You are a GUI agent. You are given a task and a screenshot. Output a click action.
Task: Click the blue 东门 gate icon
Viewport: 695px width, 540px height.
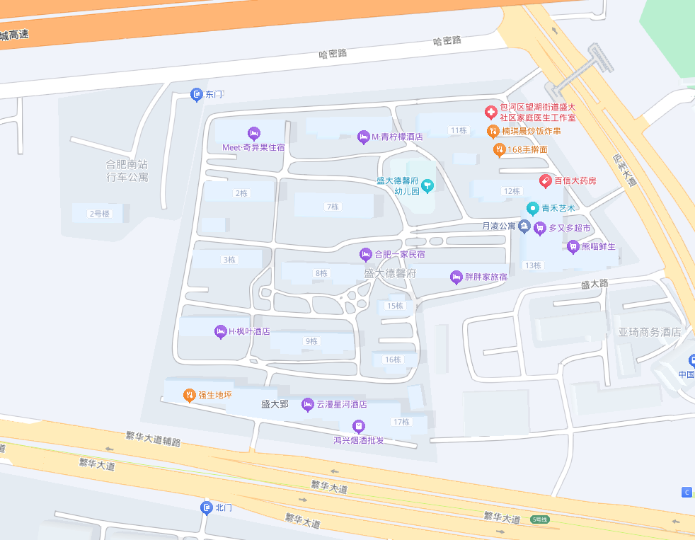coord(197,95)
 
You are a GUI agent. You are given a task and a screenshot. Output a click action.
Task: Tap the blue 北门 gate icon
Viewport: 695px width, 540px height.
coord(207,507)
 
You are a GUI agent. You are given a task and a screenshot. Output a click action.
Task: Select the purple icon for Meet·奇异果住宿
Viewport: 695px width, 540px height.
coord(254,133)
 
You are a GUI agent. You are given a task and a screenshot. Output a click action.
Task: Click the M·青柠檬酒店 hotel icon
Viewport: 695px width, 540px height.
coord(364,137)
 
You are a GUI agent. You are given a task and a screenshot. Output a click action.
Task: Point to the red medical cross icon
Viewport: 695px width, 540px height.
coord(490,112)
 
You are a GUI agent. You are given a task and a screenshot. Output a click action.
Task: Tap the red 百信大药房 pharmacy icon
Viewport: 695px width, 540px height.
coord(546,180)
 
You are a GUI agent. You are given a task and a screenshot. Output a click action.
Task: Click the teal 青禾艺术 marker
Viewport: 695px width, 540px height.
coord(533,208)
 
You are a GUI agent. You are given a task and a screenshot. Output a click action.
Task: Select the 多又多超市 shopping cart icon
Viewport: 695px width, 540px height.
coord(541,228)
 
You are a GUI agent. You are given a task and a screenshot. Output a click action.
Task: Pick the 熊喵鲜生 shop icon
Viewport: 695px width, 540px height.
coord(573,246)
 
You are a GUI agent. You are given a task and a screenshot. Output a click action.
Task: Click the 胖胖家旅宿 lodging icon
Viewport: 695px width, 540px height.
coord(456,277)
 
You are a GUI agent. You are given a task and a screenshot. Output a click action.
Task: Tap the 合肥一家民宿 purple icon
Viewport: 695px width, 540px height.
coord(366,254)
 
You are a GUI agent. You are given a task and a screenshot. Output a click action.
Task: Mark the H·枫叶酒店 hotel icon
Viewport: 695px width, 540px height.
coord(220,331)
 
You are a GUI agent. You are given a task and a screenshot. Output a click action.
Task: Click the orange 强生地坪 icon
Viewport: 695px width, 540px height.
coord(189,395)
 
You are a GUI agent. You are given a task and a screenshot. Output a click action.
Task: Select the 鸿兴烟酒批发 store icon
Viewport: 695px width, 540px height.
coord(358,426)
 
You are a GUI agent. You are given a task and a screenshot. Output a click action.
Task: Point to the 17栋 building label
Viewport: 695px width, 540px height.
coord(401,422)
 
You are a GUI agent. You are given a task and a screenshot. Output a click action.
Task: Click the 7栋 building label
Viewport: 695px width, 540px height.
coord(332,207)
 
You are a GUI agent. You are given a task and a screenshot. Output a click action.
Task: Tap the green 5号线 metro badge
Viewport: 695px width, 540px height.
coord(539,519)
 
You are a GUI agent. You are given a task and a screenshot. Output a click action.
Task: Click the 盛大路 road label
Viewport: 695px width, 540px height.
coord(595,284)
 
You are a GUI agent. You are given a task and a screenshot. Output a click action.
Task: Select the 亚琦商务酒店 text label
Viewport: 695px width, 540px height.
coord(649,332)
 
